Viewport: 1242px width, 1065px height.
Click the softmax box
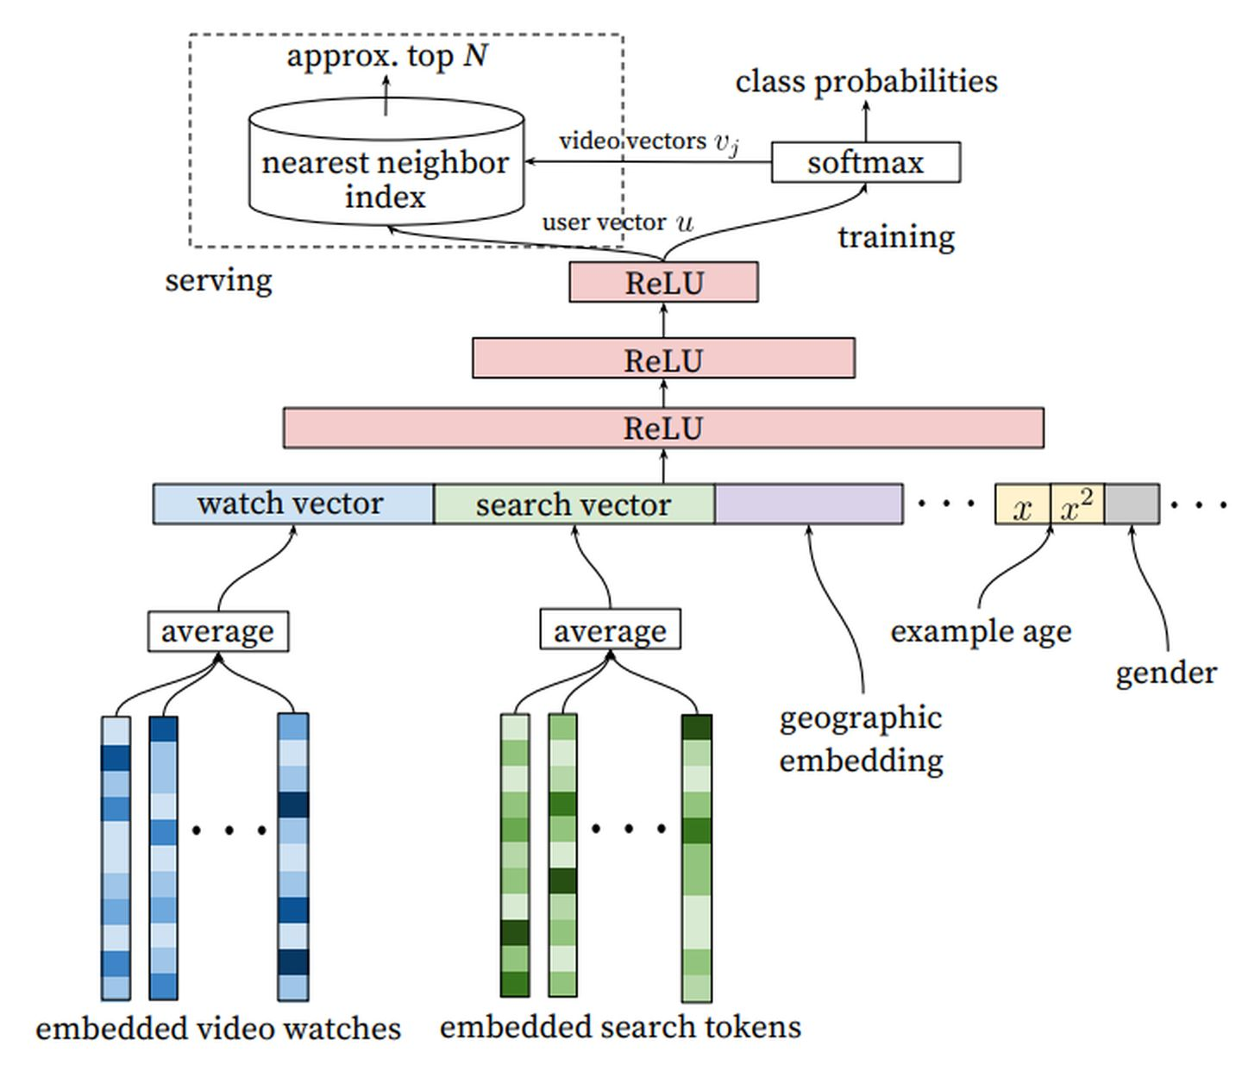tap(865, 162)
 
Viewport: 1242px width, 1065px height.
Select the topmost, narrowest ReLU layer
tap(663, 282)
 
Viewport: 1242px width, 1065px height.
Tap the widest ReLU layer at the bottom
tap(663, 428)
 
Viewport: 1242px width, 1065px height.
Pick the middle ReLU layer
tap(663, 358)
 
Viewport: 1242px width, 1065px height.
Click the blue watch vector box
tap(293, 504)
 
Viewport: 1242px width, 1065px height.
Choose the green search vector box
tap(574, 504)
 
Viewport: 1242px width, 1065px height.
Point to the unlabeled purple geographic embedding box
tap(809, 504)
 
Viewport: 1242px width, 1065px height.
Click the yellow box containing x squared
tap(1076, 504)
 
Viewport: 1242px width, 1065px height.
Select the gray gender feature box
tap(1132, 504)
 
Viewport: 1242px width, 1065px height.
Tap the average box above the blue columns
tap(218, 631)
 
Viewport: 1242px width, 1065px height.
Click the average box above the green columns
tap(611, 629)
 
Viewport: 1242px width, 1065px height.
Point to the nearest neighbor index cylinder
tap(386, 162)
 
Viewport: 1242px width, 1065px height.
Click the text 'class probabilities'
tap(867, 82)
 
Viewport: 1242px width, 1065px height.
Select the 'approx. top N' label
tap(387, 56)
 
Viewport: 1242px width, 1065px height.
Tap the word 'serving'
tap(219, 280)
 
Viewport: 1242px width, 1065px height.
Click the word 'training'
tap(896, 237)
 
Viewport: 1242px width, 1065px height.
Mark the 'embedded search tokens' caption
tap(621, 1026)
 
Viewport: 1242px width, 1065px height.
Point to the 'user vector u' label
tap(618, 222)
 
